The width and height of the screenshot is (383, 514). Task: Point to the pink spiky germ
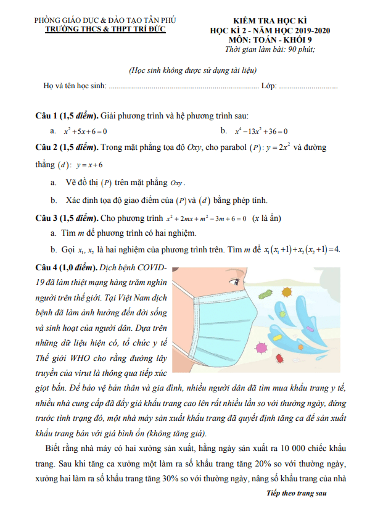[262, 348]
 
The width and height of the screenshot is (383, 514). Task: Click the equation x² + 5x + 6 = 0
[86, 131]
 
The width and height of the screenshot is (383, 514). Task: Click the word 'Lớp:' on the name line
[269, 86]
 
